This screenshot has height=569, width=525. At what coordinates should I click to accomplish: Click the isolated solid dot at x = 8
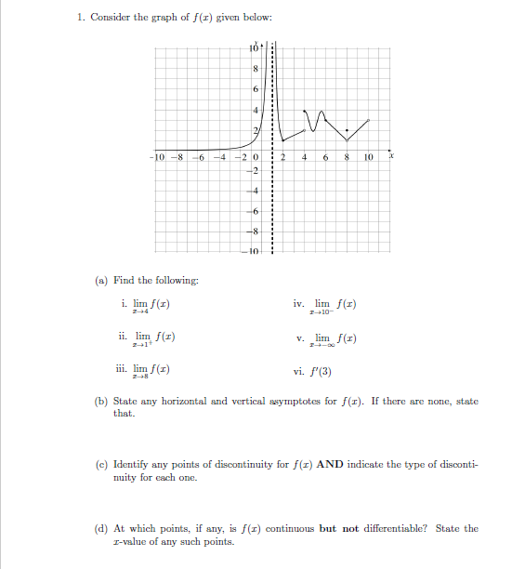pyautogui.click(x=347, y=129)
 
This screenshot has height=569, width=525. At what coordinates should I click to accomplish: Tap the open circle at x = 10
pyautogui.click(x=369, y=119)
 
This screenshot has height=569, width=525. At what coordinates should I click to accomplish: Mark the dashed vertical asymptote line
pyautogui.click(x=271, y=186)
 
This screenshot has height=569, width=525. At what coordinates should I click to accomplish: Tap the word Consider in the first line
pyautogui.click(x=111, y=19)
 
